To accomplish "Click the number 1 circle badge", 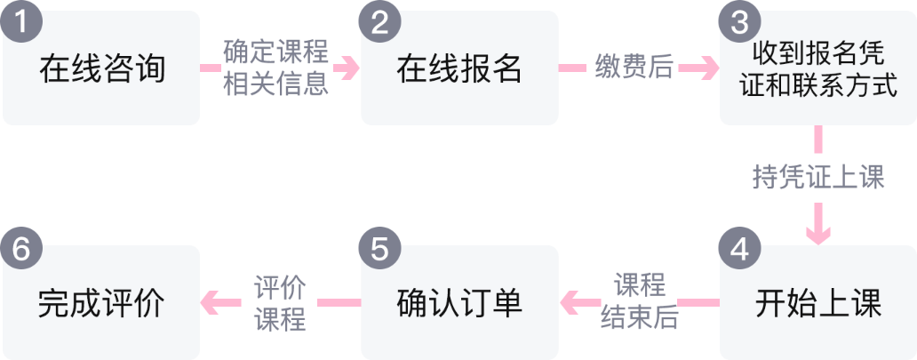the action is click(21, 22).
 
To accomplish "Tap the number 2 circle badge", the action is click(380, 22).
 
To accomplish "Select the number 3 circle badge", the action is click(739, 22).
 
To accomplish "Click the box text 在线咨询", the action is click(102, 69).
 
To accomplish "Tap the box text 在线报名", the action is click(459, 69).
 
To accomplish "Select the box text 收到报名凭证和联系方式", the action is click(818, 69).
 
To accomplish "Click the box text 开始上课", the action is click(818, 303).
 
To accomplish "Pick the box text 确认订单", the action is click(459, 303).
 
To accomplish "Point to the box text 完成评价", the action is click(102, 303).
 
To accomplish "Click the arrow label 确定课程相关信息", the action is click(276, 68).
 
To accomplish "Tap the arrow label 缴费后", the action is click(634, 68).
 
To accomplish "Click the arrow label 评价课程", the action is click(280, 302).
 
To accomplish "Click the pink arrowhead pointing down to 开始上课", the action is click(818, 234).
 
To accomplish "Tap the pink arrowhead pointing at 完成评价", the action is click(211, 302).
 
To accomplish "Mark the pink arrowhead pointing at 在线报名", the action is click(350, 68).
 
